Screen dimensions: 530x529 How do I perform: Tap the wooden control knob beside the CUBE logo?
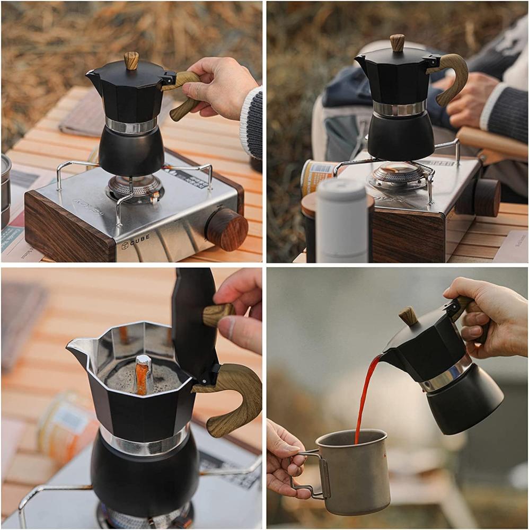pos(227,228)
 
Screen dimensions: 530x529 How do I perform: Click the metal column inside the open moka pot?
pos(143,374)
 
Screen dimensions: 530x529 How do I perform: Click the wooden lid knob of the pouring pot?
pos(409,316)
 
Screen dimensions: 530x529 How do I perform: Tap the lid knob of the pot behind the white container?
pos(397,42)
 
